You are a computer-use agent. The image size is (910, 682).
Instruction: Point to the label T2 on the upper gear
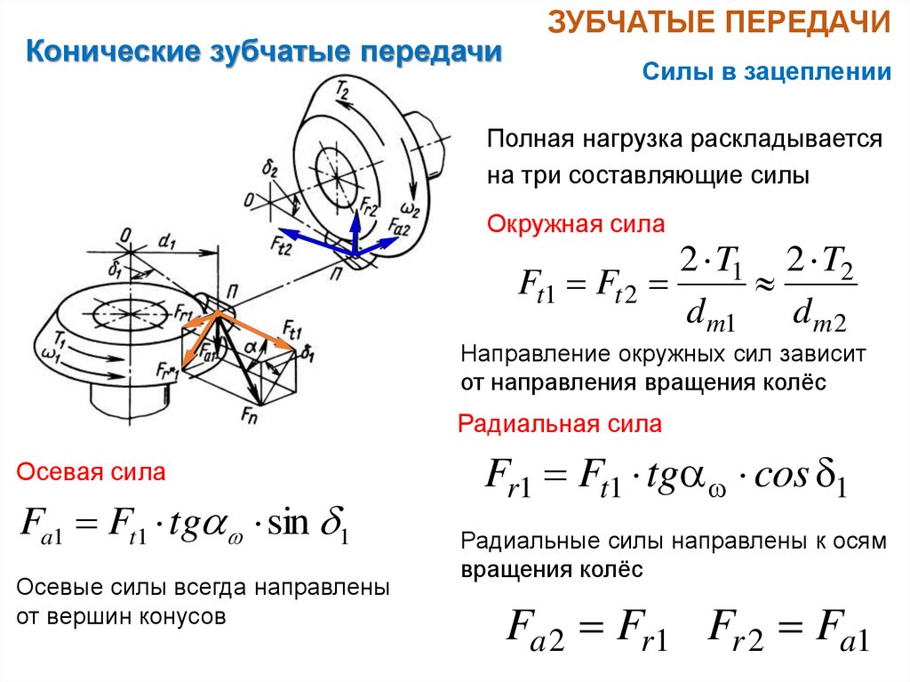click(342, 88)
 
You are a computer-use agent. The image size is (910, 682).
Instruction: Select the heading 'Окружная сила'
click(576, 225)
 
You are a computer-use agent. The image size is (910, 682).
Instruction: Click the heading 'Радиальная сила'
click(560, 424)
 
